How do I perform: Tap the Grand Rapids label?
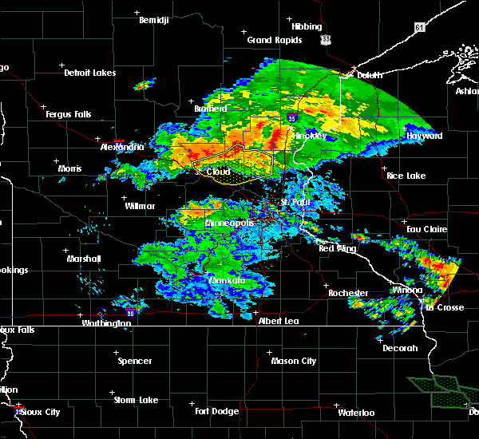click(274, 40)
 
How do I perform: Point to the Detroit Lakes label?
click(89, 73)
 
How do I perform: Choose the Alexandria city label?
click(122, 147)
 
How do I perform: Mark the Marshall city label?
click(84, 259)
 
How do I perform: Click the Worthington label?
click(105, 323)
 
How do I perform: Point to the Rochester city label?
click(350, 293)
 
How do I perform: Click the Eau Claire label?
click(424, 229)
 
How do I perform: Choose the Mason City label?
click(293, 361)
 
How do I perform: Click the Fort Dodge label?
click(217, 411)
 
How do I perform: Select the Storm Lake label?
click(135, 400)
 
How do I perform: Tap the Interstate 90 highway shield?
click(129, 314)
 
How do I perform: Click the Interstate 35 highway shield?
click(285, 118)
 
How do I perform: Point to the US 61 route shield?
click(420, 28)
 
